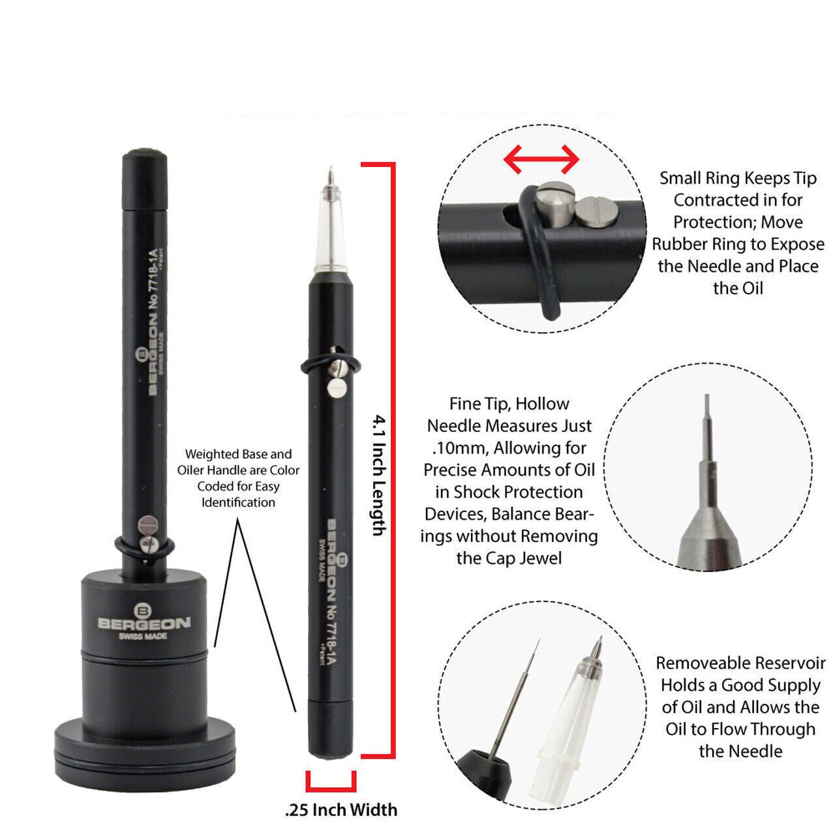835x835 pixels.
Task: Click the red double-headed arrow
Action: [x=541, y=159]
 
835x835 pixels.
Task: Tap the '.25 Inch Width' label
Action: [x=341, y=810]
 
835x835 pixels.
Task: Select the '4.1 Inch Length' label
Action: [x=379, y=476]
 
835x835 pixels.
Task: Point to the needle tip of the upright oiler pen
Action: [x=331, y=167]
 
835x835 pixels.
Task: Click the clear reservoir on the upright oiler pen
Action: [x=331, y=230]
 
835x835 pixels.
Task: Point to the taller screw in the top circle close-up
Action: [x=556, y=204]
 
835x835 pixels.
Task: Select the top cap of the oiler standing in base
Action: [x=144, y=180]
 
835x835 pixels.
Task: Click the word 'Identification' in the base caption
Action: [x=238, y=502]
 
